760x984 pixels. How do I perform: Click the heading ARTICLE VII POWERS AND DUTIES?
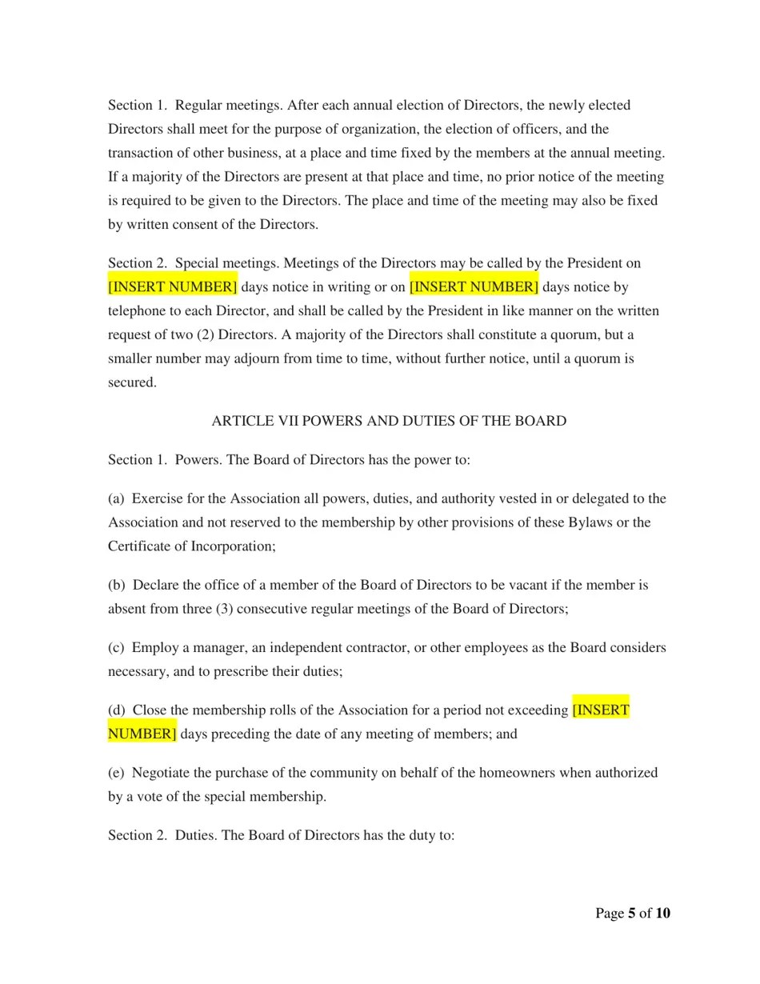click(x=389, y=421)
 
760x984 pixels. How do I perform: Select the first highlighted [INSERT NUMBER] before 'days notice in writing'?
click(x=173, y=286)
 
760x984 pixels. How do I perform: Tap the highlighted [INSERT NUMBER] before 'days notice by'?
click(x=474, y=286)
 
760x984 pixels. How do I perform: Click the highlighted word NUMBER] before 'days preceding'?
click(x=142, y=734)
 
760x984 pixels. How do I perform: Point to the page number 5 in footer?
click(x=631, y=914)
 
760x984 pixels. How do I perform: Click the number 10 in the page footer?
click(x=662, y=914)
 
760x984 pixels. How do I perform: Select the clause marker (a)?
click(x=116, y=498)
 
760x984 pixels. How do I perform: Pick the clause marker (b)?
click(x=117, y=585)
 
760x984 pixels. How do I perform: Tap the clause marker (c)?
click(x=116, y=647)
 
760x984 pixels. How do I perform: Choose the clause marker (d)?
click(x=117, y=710)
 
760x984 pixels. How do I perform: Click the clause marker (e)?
click(x=116, y=772)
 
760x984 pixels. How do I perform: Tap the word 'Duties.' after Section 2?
click(x=196, y=835)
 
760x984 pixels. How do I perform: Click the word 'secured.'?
click(x=132, y=382)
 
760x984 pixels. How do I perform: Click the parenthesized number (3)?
click(x=225, y=609)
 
